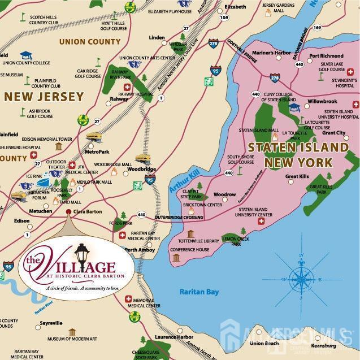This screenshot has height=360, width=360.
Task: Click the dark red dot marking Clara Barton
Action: click(68, 212)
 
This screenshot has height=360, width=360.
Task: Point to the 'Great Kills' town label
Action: click(297, 176)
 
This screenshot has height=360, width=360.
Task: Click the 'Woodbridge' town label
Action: click(141, 169)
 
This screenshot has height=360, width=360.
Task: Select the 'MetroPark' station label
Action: click(97, 151)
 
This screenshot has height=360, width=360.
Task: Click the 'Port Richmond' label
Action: click(326, 56)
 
